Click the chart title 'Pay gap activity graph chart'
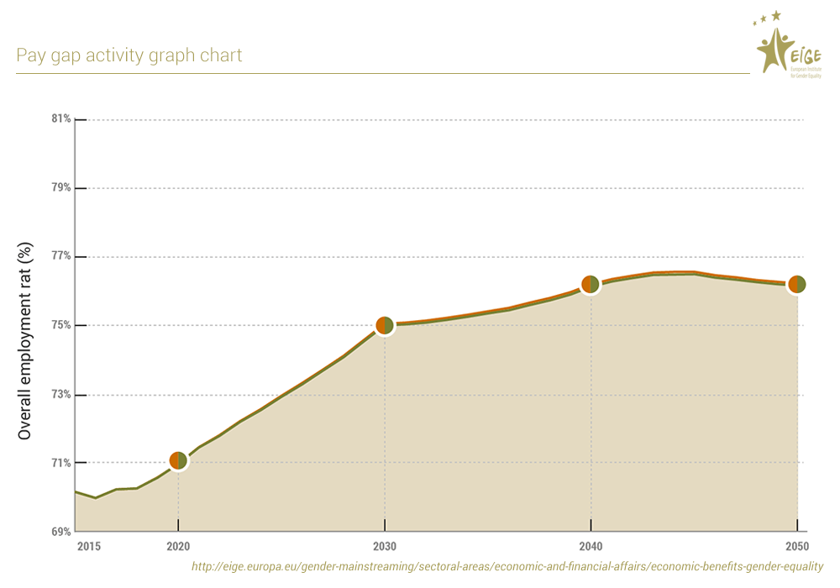click(129, 55)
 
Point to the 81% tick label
click(60, 119)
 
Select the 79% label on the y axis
click(60, 188)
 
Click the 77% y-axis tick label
click(60, 257)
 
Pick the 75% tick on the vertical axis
click(60, 326)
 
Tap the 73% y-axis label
click(60, 395)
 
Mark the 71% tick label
click(60, 464)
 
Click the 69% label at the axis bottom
click(60, 532)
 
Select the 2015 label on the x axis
click(88, 547)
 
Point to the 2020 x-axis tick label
click(178, 547)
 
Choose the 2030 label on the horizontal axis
click(385, 547)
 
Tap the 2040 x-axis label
click(591, 547)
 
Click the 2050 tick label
click(797, 547)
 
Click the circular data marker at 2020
click(178, 460)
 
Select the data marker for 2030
click(385, 325)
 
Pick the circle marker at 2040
click(591, 284)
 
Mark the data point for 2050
click(796, 285)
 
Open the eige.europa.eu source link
click(507, 567)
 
